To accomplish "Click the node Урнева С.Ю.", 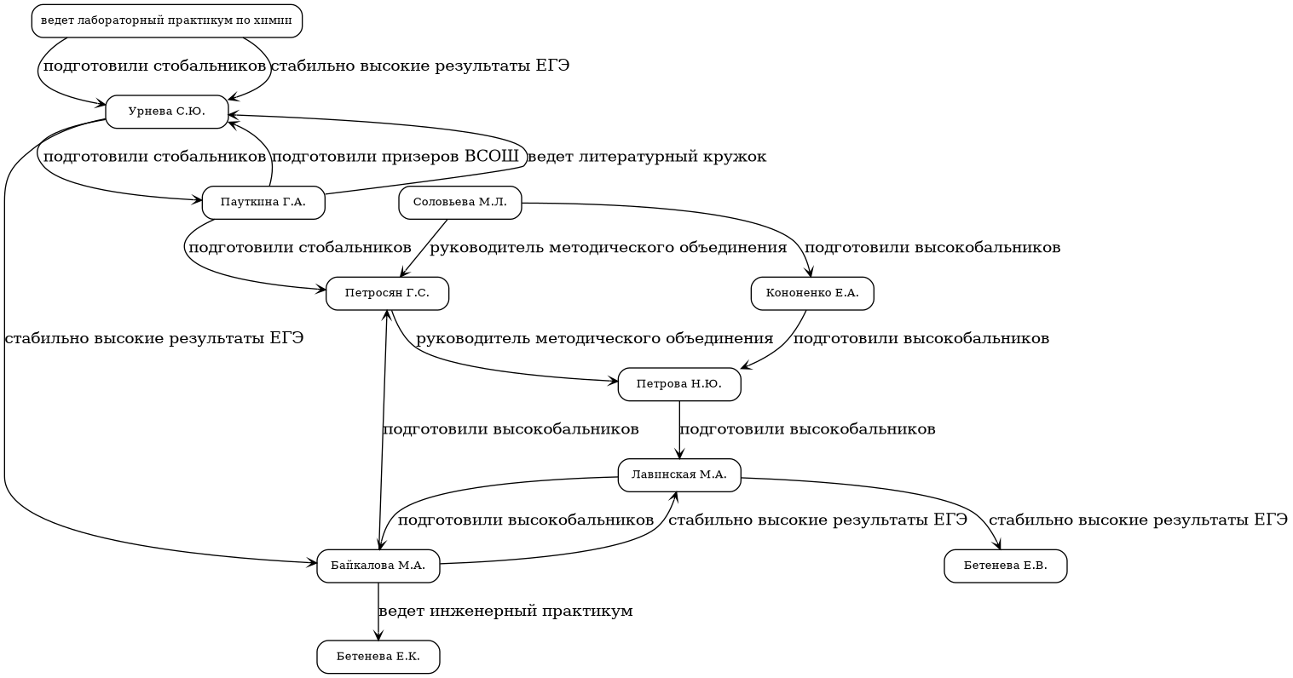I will coord(167,112).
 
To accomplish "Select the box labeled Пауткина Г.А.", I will coord(263,203).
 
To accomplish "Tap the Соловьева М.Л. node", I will coord(460,203).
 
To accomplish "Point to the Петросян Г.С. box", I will coord(387,294).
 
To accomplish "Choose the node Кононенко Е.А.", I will coord(812,294).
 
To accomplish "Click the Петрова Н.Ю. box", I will coord(679,384).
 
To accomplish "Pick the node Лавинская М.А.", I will coord(679,475).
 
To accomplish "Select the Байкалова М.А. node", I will coord(378,566).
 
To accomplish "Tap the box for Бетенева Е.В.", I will coord(1006,566).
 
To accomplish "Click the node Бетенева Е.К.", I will coord(378,657).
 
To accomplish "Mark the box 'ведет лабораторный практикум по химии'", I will coord(167,21).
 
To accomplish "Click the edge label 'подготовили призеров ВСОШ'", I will coord(395,157).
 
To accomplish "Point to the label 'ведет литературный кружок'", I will coord(647,157).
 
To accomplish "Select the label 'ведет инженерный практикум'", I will coord(505,612).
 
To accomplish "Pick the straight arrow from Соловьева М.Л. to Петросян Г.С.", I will coord(424,249).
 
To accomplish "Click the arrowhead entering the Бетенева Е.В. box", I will coord(997,545).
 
